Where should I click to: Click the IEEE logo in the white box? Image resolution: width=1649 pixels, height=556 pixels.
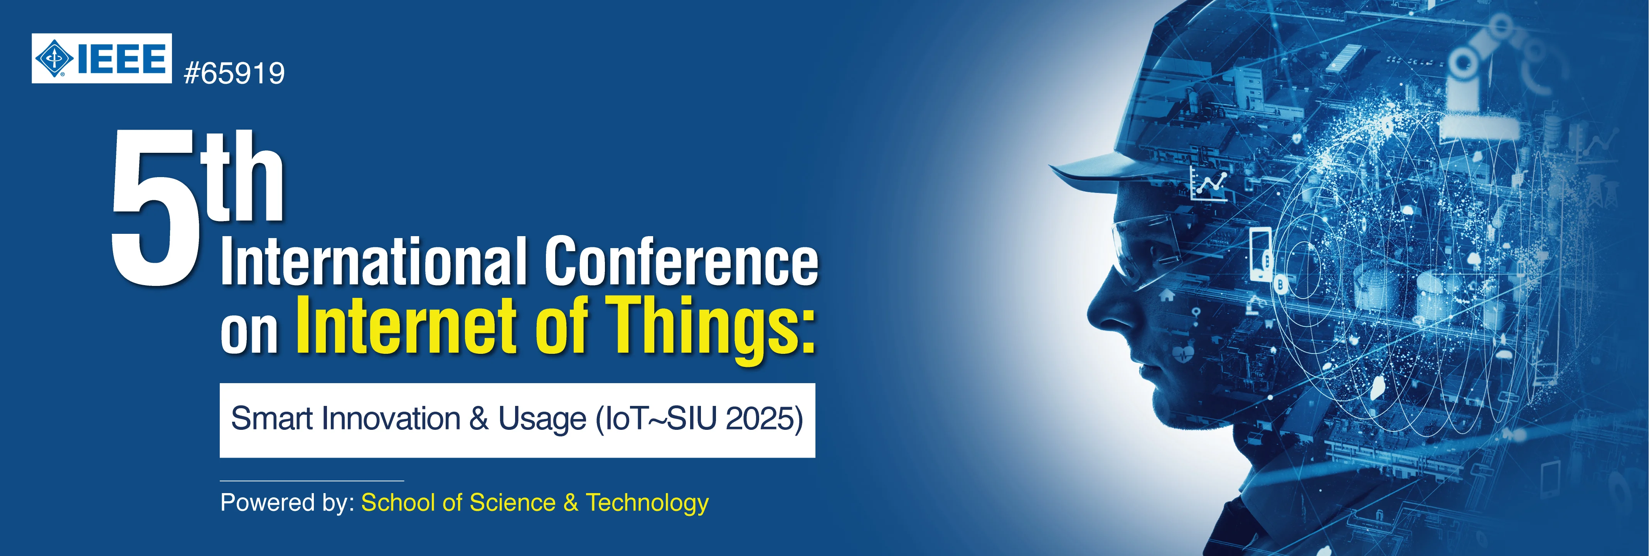102,58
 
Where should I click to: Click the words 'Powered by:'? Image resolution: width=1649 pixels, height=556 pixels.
287,503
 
